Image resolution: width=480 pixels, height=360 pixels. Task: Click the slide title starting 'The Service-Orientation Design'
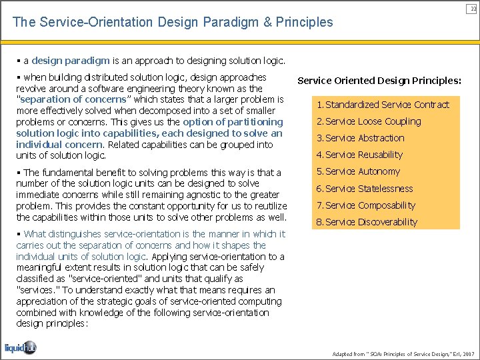coord(173,22)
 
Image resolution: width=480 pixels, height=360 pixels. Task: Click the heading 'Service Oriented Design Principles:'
coord(379,81)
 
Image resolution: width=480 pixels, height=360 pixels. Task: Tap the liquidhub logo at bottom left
coord(21,347)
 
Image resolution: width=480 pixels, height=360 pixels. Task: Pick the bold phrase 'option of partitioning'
coord(233,122)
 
